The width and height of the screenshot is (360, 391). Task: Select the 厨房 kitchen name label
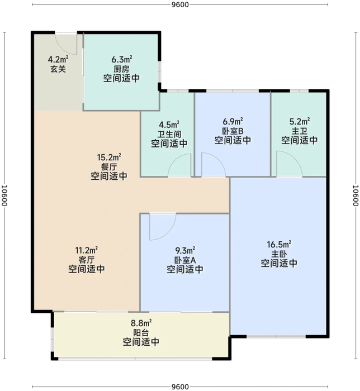pyautogui.click(x=121, y=68)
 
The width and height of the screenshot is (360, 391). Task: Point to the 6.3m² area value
pyautogui.click(x=121, y=58)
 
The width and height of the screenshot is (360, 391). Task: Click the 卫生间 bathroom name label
pyautogui.click(x=169, y=134)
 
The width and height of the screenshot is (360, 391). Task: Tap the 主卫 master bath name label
pyautogui.click(x=299, y=131)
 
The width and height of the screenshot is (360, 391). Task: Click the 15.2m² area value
pyautogui.click(x=109, y=157)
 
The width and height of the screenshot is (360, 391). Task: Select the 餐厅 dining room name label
pyautogui.click(x=109, y=166)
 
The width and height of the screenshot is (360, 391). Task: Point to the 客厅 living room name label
pyautogui.click(x=87, y=260)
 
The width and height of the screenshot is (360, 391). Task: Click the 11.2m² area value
pyautogui.click(x=87, y=250)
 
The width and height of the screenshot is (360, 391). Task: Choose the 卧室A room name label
pyautogui.click(x=184, y=260)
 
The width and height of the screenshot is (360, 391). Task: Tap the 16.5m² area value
pyautogui.click(x=278, y=244)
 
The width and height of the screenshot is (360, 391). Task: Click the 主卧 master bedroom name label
pyautogui.click(x=278, y=254)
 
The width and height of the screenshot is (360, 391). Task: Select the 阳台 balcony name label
pyautogui.click(x=141, y=332)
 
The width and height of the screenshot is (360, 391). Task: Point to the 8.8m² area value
pyautogui.click(x=141, y=322)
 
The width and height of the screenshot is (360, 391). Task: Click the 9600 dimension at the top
pyautogui.click(x=180, y=5)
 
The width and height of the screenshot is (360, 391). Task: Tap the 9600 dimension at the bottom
pyautogui.click(x=180, y=386)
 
